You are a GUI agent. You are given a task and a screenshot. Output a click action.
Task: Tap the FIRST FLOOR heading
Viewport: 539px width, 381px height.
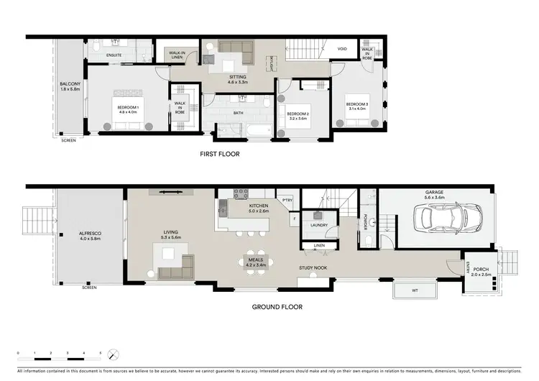pyautogui.click(x=219, y=154)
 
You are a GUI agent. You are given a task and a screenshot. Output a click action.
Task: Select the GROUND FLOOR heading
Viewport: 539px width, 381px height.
pyautogui.click(x=276, y=307)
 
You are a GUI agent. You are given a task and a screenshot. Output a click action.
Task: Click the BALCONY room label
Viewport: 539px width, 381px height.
pyautogui.click(x=70, y=87)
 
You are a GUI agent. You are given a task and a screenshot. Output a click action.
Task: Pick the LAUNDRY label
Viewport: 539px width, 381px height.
pyautogui.click(x=320, y=225)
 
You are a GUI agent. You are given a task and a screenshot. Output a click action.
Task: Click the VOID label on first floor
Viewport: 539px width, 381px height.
pyautogui.click(x=343, y=49)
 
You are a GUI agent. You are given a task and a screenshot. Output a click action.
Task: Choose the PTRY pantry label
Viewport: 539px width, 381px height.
pyautogui.click(x=287, y=201)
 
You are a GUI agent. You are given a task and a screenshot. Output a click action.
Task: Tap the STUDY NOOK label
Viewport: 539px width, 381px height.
pyautogui.click(x=313, y=268)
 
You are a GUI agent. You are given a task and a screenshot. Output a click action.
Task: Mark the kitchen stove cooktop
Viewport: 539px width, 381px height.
pyautogui.click(x=239, y=193)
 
